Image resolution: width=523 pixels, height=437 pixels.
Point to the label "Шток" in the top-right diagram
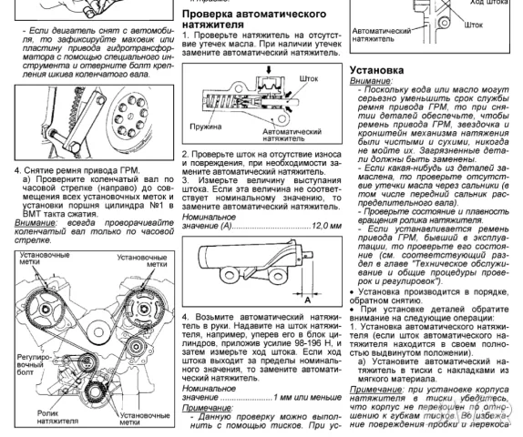pyautogui.click(x=474, y=25)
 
